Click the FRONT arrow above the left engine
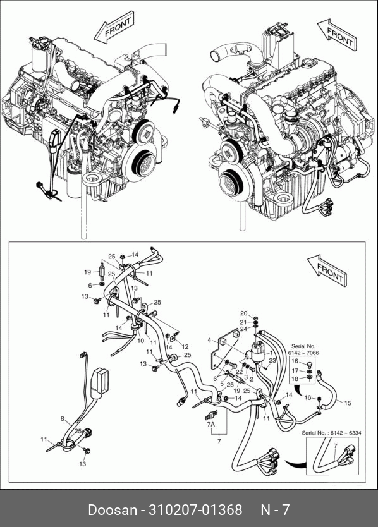(x=114, y=27)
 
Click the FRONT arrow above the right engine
(x=338, y=35)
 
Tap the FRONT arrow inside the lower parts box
(x=328, y=270)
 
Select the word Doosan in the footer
(x=113, y=509)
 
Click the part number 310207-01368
(x=195, y=509)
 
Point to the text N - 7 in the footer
(x=275, y=509)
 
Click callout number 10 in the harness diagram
(x=140, y=341)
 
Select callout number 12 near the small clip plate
(x=185, y=346)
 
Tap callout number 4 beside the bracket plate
(x=209, y=340)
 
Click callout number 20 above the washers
(x=244, y=313)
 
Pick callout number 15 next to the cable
(x=348, y=403)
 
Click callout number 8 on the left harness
(x=63, y=418)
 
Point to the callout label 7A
(x=211, y=425)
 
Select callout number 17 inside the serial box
(x=295, y=371)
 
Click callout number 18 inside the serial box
(x=295, y=379)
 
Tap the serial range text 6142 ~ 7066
(x=303, y=353)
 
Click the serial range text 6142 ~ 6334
(x=346, y=433)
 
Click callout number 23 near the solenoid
(x=272, y=360)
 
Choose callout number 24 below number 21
(x=244, y=329)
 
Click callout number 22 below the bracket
(x=239, y=372)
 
